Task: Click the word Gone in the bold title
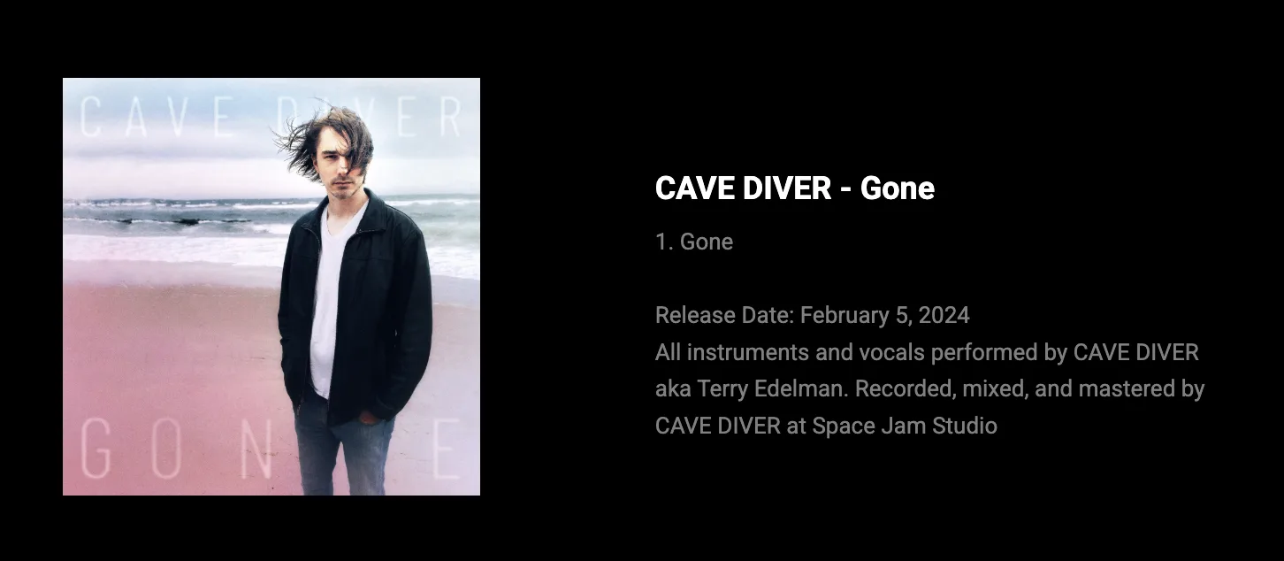[897, 188]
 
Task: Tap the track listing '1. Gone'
[694, 242]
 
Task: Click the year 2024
[944, 315]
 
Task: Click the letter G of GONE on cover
[97, 448]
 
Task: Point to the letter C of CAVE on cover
[92, 118]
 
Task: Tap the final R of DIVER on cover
[449, 118]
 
